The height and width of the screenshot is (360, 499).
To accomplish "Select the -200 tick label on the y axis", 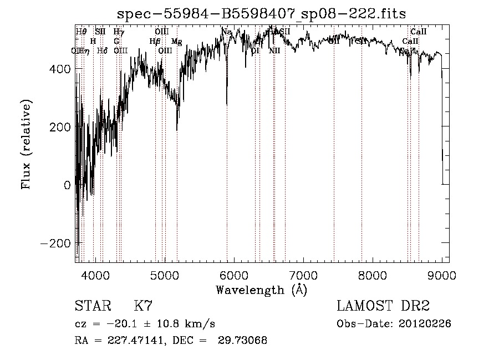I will (x=57, y=244).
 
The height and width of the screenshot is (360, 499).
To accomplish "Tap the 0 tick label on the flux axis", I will (x=67, y=185).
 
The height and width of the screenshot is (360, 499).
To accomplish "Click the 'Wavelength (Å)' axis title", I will (x=261, y=290).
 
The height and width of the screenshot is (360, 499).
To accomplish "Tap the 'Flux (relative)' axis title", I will (x=26, y=144).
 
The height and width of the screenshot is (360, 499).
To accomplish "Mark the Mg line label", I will (x=176, y=42).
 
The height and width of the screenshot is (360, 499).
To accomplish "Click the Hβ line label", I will (x=155, y=41).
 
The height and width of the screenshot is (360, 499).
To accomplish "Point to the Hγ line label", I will (x=119, y=32).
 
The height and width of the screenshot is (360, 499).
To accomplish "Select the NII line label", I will (x=274, y=50).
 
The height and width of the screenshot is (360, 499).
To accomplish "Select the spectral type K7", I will (x=143, y=306).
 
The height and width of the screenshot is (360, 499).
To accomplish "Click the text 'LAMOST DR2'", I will (x=383, y=306).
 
